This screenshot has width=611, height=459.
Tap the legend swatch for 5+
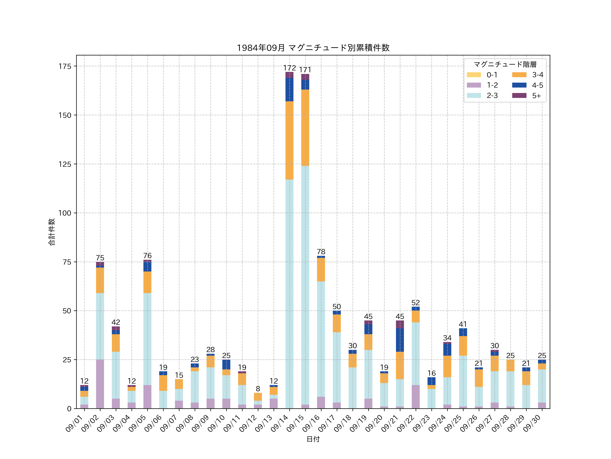(x=519, y=95)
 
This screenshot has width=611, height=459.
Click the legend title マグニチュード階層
(x=505, y=64)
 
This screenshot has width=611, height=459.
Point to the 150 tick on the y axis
(x=65, y=115)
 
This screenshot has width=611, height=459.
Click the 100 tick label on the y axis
(x=65, y=213)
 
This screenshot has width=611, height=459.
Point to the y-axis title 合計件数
(x=52, y=232)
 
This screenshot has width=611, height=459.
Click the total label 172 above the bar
(x=290, y=68)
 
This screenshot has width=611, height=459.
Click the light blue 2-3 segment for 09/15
(x=305, y=285)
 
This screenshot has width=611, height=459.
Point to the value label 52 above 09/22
(x=415, y=302)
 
